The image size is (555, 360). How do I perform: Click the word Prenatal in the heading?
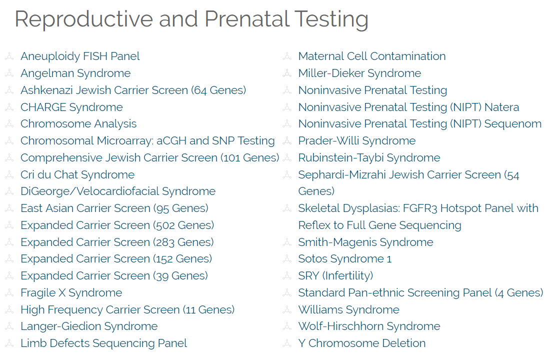[x=247, y=19]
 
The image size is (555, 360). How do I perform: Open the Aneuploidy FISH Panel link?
[x=80, y=56]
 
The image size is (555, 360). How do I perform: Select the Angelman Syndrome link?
[x=75, y=73]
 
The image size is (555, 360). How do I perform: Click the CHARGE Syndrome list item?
[x=71, y=107]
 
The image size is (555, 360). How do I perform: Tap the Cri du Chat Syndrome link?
[x=77, y=174]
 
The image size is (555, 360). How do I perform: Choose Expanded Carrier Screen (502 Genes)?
[x=117, y=225]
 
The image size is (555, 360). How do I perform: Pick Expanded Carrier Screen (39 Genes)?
[x=114, y=276]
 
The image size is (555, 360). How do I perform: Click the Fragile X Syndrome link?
[x=71, y=292]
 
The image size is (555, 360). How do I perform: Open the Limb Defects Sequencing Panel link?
[x=103, y=343]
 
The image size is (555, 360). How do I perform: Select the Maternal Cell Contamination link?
[x=372, y=56]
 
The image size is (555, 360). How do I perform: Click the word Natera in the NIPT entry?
[x=501, y=107]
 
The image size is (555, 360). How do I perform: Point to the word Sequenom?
[x=513, y=124]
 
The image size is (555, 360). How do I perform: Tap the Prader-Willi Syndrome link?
[x=357, y=141]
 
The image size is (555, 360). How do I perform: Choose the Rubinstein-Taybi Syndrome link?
[x=369, y=158]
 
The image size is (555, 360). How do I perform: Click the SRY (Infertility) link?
[x=335, y=276]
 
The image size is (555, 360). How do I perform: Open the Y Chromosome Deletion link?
[x=361, y=343]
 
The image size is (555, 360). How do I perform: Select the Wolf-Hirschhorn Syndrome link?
[x=369, y=326]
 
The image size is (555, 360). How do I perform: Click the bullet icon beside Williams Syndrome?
[x=287, y=309]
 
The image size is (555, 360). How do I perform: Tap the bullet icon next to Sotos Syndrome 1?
[x=287, y=259]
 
